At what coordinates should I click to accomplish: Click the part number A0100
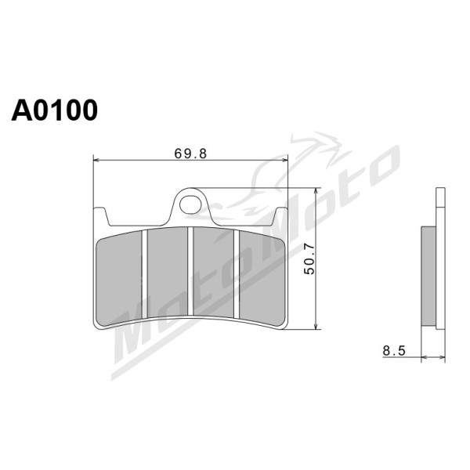tap(55, 110)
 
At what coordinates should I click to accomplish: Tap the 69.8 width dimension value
tap(190, 154)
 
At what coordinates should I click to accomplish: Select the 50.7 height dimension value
tap(309, 259)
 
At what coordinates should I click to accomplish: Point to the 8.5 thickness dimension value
tap(394, 351)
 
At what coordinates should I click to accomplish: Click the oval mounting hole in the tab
tap(190, 204)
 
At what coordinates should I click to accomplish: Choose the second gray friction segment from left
tap(168, 272)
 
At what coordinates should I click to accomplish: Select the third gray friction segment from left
tap(213, 272)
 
